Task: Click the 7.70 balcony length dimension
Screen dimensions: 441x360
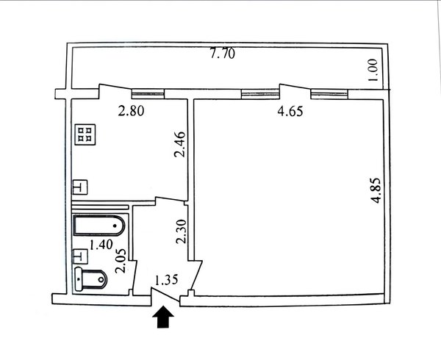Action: [x=223, y=54]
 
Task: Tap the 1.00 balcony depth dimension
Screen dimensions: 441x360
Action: [x=373, y=71]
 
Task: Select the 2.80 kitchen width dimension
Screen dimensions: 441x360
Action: [x=131, y=111]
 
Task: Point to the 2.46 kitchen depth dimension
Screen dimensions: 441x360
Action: [x=180, y=145]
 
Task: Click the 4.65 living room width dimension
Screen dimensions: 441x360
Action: [x=290, y=111]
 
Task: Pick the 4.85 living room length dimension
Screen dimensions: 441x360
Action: [x=376, y=190]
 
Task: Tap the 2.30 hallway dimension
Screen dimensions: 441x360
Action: [x=181, y=231]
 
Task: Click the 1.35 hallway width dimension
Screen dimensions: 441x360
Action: [x=167, y=280]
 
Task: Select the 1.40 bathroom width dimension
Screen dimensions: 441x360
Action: [x=101, y=245]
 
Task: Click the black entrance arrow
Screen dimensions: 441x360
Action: [x=163, y=317]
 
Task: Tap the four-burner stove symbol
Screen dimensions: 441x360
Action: [x=85, y=134]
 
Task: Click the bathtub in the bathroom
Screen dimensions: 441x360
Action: [x=99, y=226]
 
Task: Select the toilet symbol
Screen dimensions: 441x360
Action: [x=91, y=279]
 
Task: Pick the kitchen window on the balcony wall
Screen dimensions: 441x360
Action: [x=148, y=93]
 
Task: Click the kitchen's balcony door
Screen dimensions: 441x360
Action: [x=115, y=91]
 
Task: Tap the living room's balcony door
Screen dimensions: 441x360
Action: [x=295, y=91]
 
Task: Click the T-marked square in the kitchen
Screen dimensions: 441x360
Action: [x=80, y=187]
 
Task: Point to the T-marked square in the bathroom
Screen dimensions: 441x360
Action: [x=81, y=256]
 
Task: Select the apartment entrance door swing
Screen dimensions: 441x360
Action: [x=165, y=297]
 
